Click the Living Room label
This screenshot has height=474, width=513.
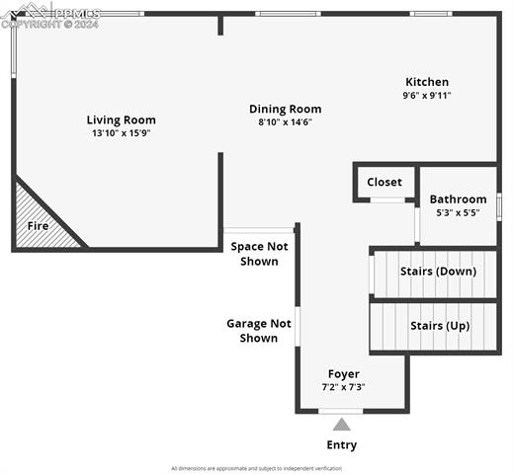[x=121, y=119]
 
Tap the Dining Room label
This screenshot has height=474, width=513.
[x=285, y=109]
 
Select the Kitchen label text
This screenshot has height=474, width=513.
[x=427, y=82]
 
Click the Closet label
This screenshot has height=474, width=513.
[x=385, y=182]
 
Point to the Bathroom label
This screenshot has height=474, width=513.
[x=458, y=198]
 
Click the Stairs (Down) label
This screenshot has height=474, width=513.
[x=438, y=271]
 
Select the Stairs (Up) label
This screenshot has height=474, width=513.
[x=439, y=325]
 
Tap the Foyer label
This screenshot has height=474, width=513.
[x=343, y=374]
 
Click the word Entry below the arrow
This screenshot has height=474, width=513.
[x=341, y=445]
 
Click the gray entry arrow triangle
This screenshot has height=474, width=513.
[x=341, y=425]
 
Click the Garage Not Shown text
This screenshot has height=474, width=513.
[x=258, y=330]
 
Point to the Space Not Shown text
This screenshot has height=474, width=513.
[x=259, y=253]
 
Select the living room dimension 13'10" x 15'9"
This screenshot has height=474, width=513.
[x=121, y=132]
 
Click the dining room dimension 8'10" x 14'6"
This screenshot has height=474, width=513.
[x=285, y=121]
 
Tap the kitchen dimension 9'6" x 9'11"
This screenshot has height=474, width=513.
[x=427, y=95]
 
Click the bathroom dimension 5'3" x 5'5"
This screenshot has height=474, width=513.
[x=458, y=212]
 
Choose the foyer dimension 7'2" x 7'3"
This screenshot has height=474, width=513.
[x=343, y=387]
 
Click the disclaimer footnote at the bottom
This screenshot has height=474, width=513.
[x=256, y=468]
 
